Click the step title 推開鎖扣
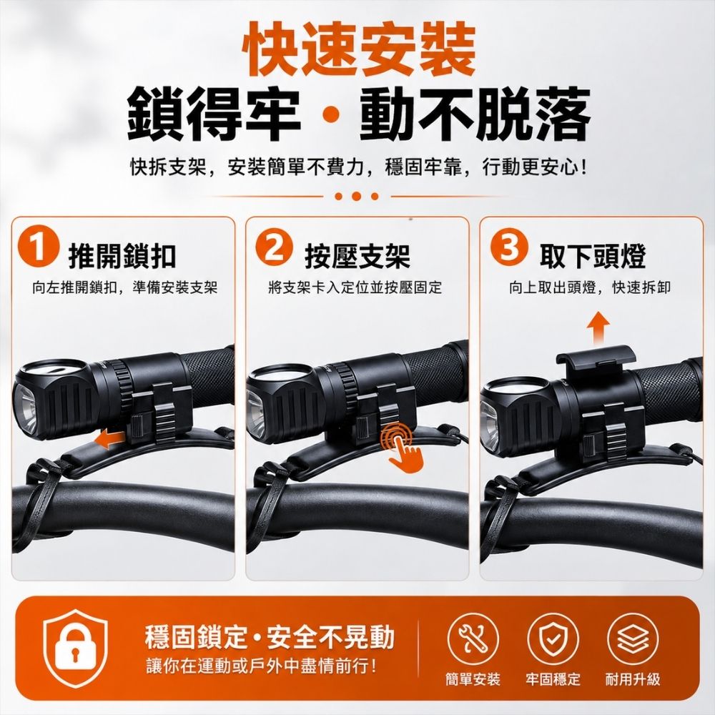122,256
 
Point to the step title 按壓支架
357,256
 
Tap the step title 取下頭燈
592,256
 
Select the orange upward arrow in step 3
598,328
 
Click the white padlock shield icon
76,648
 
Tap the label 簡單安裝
473,679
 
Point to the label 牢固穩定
553,679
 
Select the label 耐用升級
633,679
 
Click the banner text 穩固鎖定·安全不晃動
270,636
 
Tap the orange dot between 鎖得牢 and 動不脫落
330,114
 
